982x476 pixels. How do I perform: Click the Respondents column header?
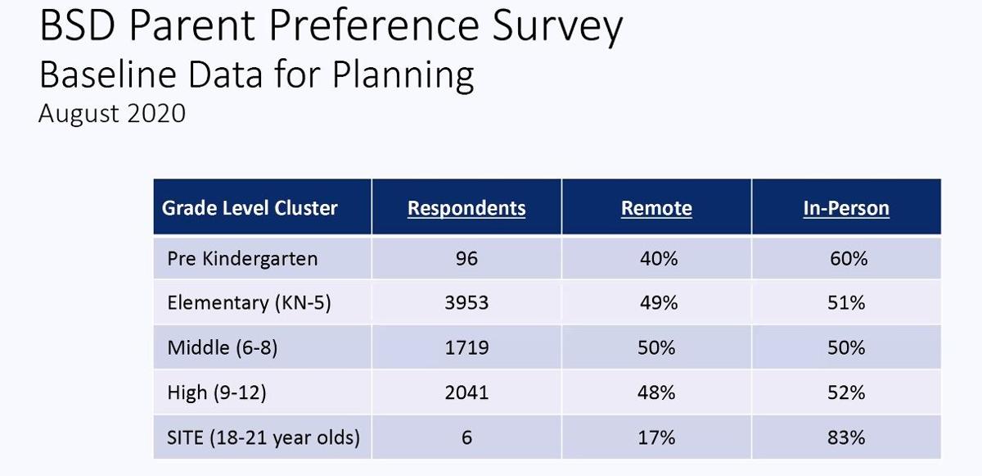point(466,208)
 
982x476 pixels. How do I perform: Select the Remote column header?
point(656,208)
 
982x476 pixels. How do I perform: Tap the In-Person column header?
point(846,208)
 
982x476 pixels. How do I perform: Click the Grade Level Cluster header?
point(250,207)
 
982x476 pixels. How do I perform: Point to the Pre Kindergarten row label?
point(242,259)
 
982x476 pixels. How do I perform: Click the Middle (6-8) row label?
point(223,347)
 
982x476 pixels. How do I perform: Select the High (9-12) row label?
point(217,392)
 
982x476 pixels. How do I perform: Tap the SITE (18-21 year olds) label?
point(264,437)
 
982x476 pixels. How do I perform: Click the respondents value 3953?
point(466,303)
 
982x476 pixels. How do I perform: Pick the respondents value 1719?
point(466,347)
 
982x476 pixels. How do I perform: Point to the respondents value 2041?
point(466,392)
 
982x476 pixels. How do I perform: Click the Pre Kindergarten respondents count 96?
point(466,259)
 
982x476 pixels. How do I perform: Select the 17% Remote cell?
point(657,437)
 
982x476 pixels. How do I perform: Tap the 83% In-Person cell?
point(846,437)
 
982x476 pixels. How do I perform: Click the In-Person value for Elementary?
point(846,303)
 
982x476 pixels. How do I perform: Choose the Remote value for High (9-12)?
point(657,392)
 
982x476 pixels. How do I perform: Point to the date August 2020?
point(112,113)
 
